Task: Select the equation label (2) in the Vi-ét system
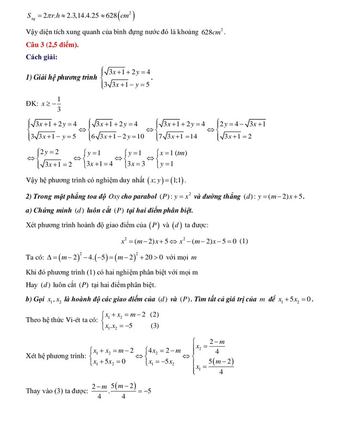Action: click(x=154, y=314)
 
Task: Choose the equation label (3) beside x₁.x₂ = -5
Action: click(x=154, y=326)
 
